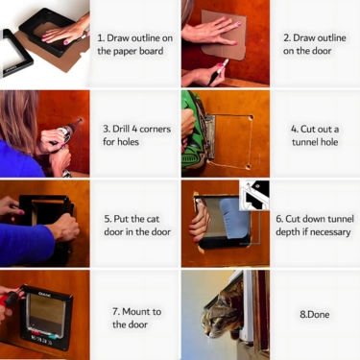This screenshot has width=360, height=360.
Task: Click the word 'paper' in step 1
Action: [x=124, y=52]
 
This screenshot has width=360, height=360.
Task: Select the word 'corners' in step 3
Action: [x=156, y=130]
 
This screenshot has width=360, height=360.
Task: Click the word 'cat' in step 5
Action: [x=153, y=219]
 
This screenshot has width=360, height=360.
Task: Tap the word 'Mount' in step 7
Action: [x=136, y=311]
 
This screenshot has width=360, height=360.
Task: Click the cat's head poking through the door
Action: [x=217, y=314]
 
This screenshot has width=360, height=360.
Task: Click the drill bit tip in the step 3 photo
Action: [x=80, y=121]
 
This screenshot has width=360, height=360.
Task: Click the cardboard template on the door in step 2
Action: [x=225, y=33]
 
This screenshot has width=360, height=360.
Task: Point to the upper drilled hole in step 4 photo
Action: [x=251, y=117]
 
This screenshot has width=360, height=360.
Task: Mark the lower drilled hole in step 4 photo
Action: [x=249, y=167]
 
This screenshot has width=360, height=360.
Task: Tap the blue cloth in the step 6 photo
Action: [x=233, y=218]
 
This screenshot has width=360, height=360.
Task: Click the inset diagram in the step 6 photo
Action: [x=254, y=195]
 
